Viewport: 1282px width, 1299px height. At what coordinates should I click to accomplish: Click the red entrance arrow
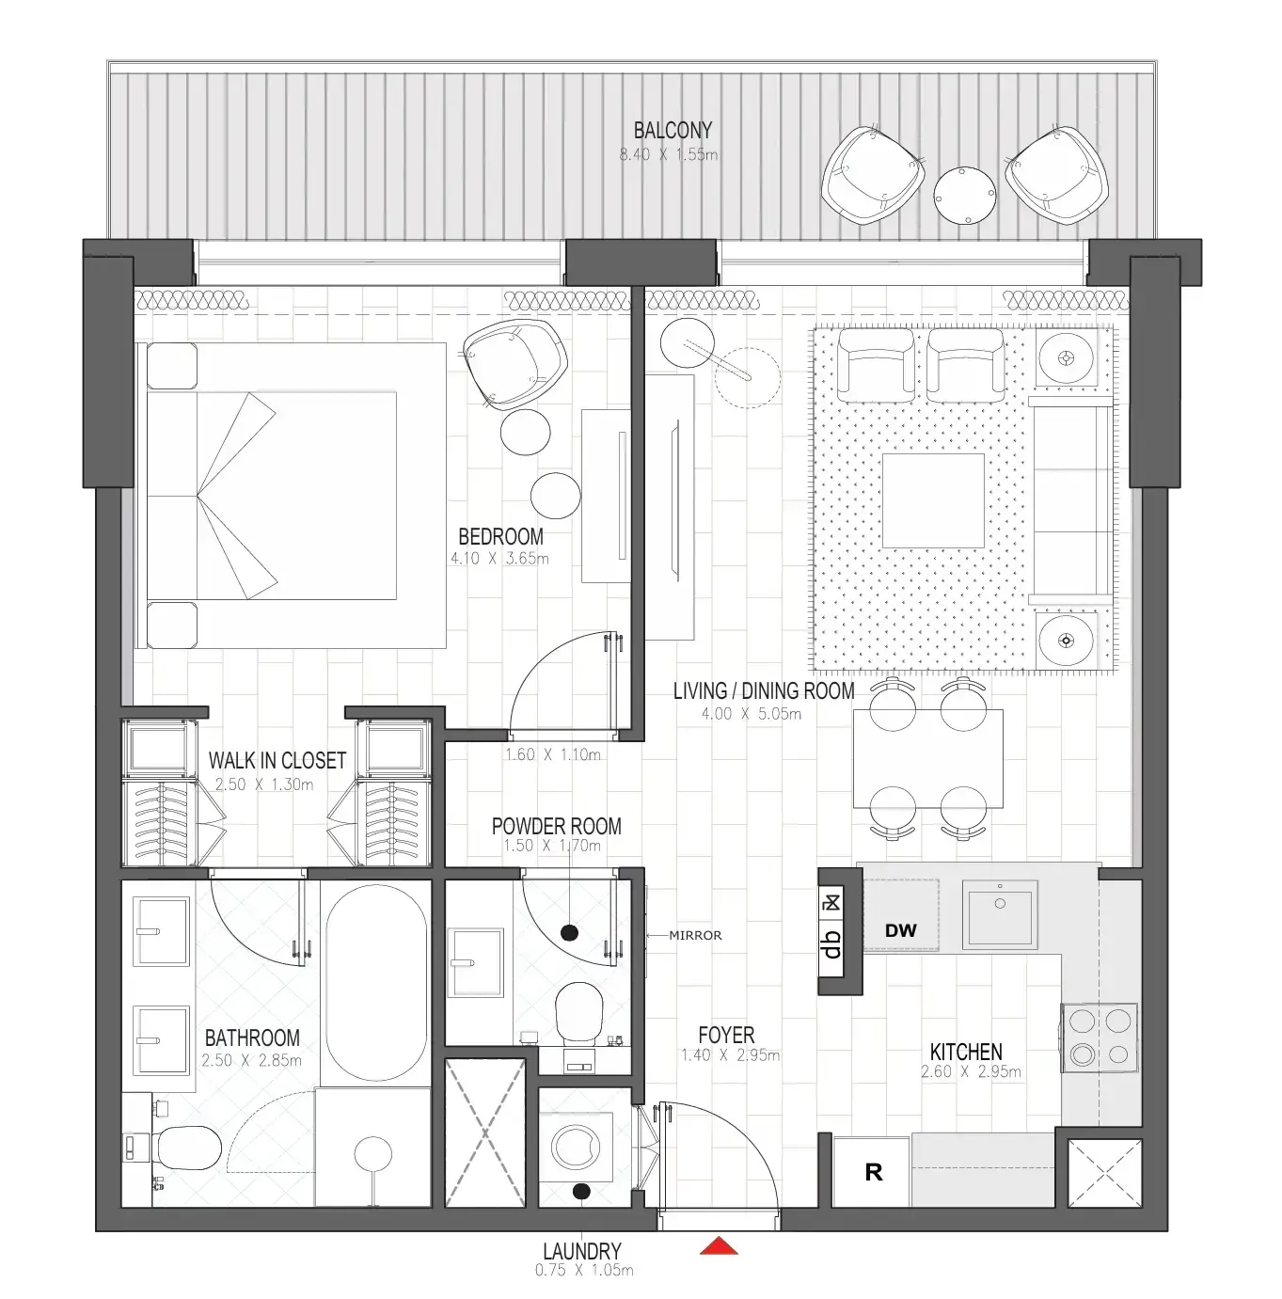tap(719, 1246)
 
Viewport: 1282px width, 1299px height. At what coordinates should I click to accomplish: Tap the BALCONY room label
tap(672, 130)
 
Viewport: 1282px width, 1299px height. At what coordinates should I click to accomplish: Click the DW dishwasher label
tap(900, 930)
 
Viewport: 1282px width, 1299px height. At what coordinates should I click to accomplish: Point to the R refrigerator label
tap(873, 1172)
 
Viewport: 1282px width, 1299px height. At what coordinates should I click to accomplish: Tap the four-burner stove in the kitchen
tap(1099, 1037)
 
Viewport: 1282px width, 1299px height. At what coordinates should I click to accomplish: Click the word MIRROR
tap(695, 935)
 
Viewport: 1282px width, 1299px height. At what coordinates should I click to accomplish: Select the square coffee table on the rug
tap(933, 500)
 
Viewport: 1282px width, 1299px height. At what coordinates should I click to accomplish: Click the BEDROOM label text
tap(500, 536)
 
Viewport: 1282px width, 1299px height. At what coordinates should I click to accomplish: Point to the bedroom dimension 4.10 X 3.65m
tap(499, 558)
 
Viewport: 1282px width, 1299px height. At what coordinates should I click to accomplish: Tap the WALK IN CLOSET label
tap(277, 760)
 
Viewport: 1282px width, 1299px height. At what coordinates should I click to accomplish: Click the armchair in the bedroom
tap(516, 363)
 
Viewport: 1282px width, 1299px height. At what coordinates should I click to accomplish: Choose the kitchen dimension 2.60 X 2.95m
tap(971, 1071)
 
